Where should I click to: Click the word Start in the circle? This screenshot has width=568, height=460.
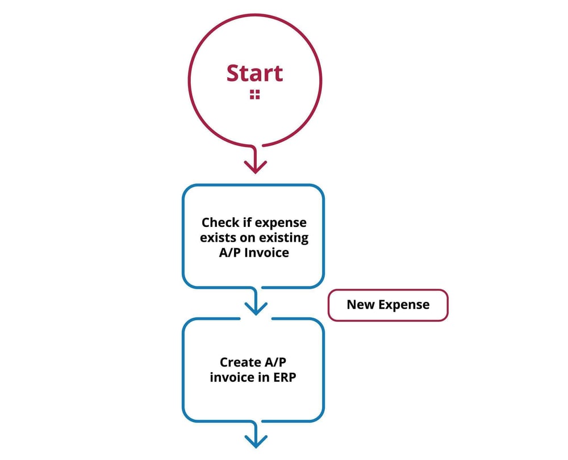254,74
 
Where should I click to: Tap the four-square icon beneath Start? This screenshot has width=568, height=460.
254,95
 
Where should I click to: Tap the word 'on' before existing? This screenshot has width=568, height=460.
247,238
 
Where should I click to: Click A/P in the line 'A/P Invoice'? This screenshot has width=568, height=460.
231,253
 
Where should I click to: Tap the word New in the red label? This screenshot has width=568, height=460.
361,305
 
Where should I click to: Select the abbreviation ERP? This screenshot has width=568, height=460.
286,377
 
